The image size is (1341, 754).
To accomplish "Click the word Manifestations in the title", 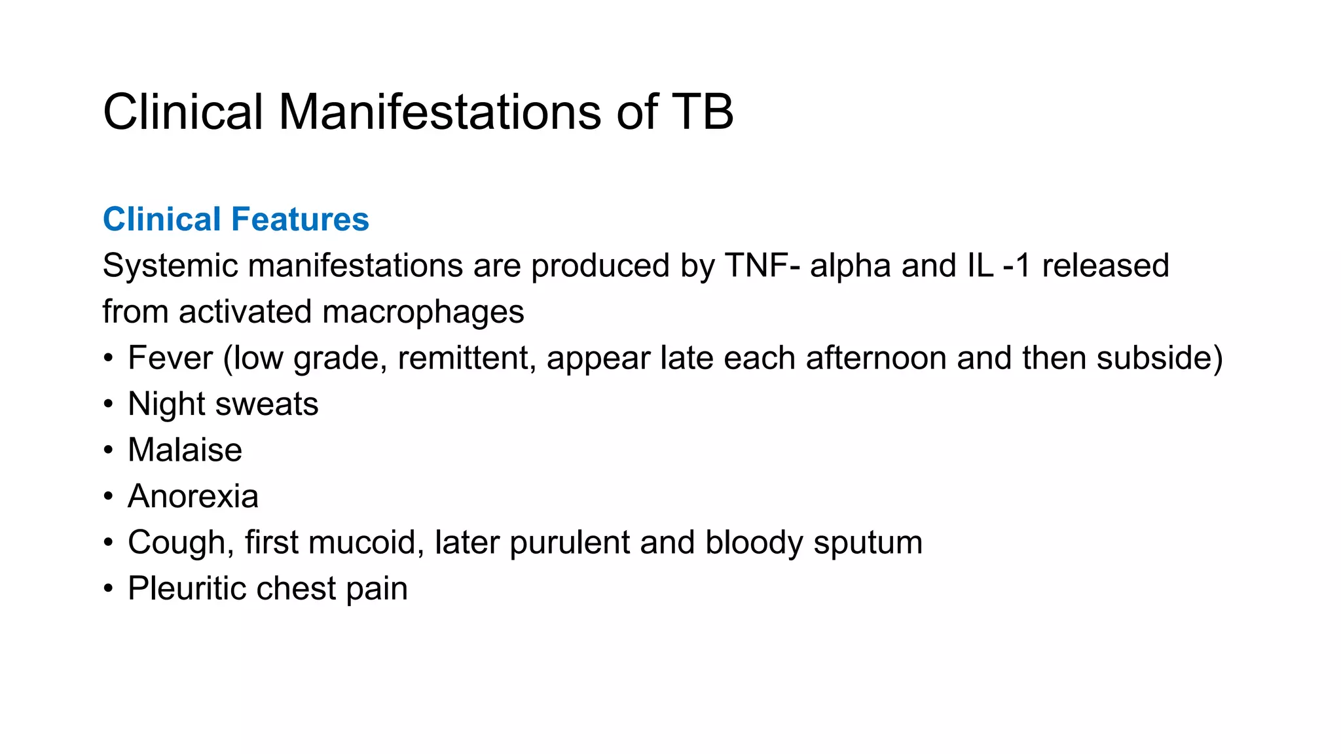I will tap(439, 112).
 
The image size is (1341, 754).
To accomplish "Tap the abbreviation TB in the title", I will tap(703, 112).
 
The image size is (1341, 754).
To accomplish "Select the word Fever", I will tap(170, 358).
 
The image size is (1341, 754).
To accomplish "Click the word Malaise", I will tap(185, 450).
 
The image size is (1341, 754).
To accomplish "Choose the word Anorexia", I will tap(193, 496).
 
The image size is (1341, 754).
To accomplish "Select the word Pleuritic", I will tap(187, 588).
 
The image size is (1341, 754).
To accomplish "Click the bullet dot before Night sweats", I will tap(108, 404).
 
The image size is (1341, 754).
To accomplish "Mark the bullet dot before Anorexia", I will tap(108, 497).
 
